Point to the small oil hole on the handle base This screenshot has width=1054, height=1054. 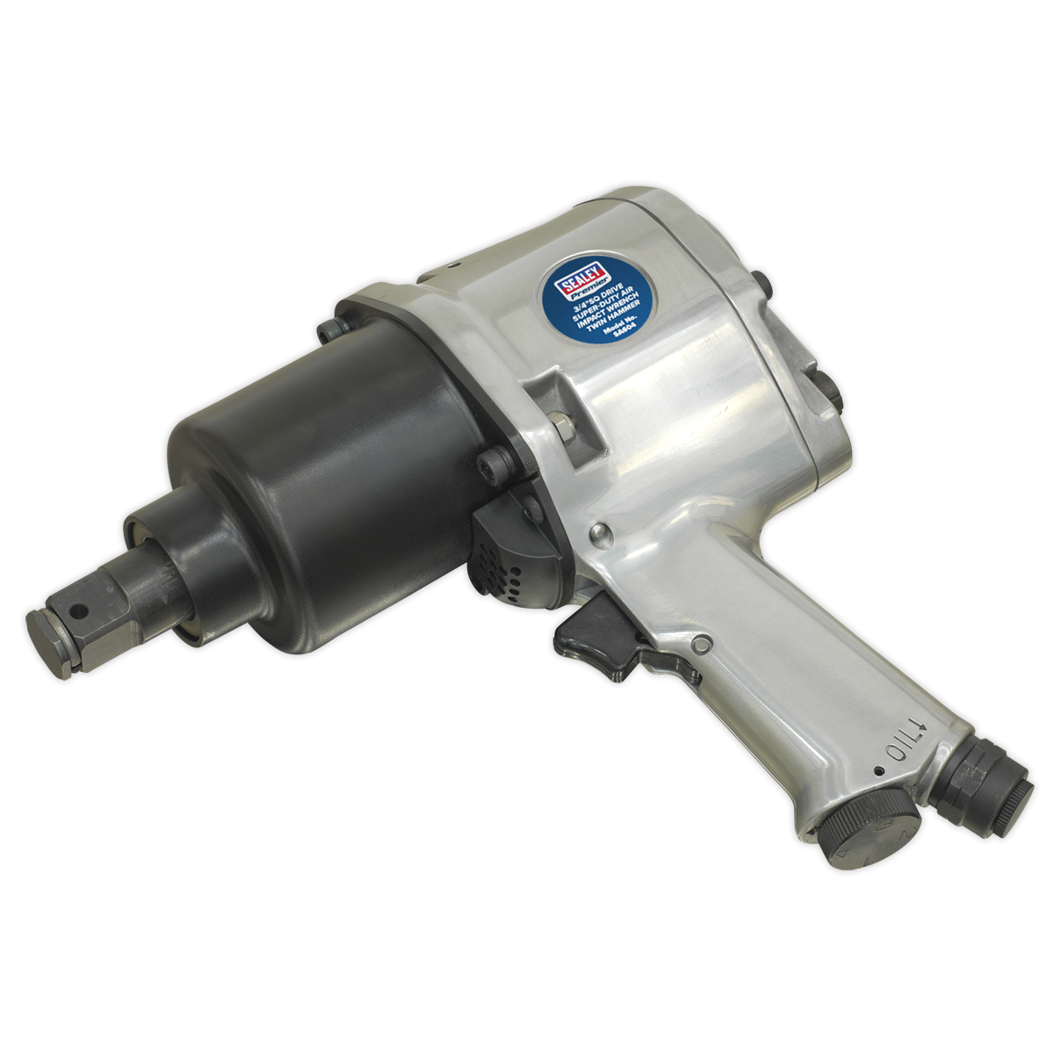[x=879, y=771]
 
